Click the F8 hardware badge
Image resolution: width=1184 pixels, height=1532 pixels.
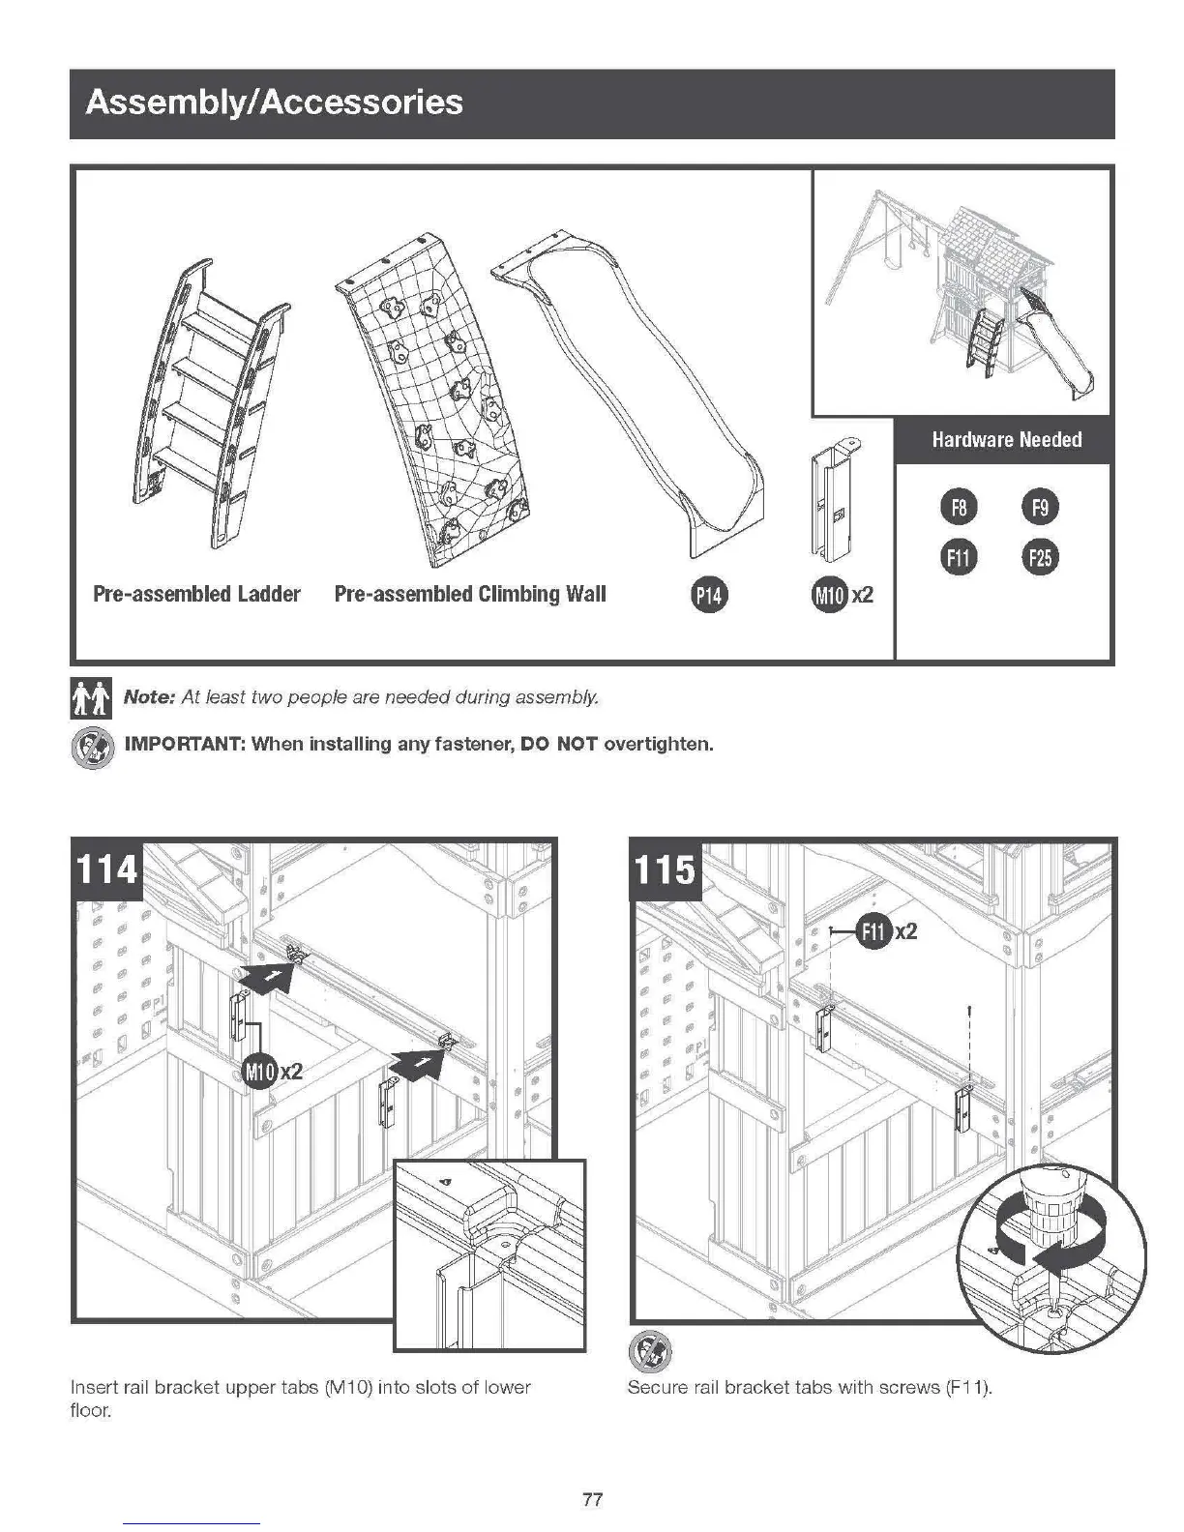[959, 507]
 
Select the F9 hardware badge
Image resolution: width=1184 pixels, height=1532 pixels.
[1041, 507]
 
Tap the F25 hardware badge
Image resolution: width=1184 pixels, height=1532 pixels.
[1041, 557]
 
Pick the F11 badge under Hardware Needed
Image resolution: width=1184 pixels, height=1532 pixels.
[959, 557]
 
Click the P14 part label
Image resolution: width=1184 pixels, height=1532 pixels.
[709, 595]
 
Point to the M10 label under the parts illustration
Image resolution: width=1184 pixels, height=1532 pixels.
[830, 595]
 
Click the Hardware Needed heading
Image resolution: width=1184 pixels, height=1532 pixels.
[1006, 440]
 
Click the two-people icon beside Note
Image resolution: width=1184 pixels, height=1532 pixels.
[91, 698]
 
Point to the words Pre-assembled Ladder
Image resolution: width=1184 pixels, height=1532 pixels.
[196, 594]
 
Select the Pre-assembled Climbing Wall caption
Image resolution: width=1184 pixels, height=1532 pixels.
[470, 594]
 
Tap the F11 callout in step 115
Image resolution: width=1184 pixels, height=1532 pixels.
[874, 931]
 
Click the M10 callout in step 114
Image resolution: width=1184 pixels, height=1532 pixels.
[259, 1071]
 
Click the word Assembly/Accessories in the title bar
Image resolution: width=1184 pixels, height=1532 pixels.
[275, 103]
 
